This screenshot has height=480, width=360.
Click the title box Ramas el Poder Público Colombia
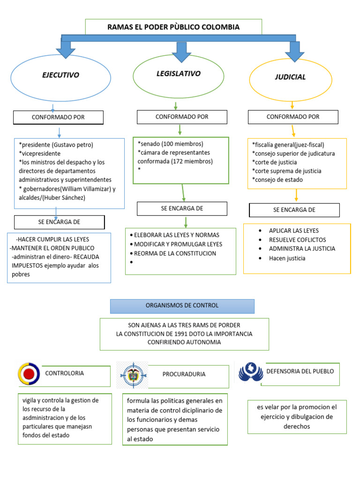[173, 27]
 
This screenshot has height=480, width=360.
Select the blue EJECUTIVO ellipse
[61, 75]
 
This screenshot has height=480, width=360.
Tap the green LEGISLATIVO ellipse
[178, 74]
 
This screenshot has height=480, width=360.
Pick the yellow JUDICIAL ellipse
[290, 77]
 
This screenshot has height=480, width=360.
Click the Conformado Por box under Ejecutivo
[58, 117]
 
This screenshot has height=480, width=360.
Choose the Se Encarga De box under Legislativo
[182, 209]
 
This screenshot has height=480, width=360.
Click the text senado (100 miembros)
[171, 144]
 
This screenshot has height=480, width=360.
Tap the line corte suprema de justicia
[286, 171]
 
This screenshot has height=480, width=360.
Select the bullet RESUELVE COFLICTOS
[297, 240]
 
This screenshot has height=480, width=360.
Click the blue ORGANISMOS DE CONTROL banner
[182, 306]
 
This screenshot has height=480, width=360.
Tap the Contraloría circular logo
[29, 374]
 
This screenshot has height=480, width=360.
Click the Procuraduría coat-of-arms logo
[132, 374]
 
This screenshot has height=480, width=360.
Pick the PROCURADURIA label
[184, 374]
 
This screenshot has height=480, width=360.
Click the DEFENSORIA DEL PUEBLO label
[300, 371]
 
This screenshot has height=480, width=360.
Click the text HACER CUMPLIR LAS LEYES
[52, 239]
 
